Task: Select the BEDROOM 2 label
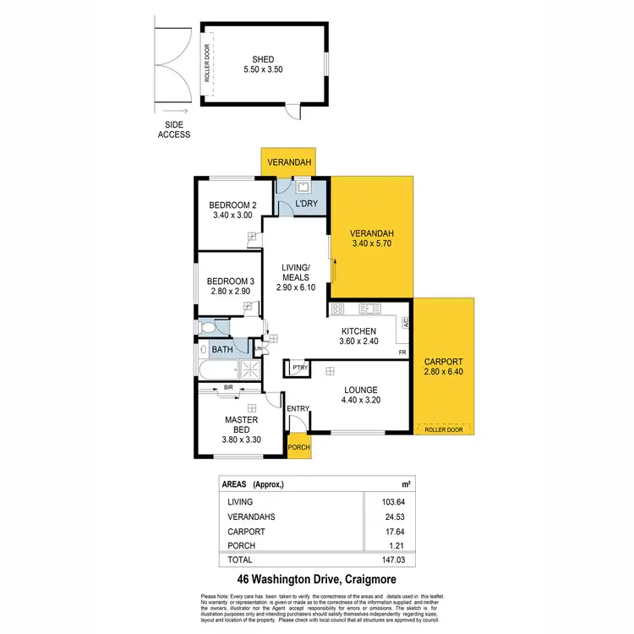coord(232,205)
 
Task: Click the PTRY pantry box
coord(299,369)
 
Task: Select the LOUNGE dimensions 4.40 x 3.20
coord(366,401)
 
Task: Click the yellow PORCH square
coord(299,447)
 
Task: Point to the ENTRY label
coord(298,409)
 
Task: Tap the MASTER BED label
coord(241,424)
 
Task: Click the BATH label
coord(221,348)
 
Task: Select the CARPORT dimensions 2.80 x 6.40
coord(443,372)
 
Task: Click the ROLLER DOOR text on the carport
coord(444,429)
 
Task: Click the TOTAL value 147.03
coord(394,560)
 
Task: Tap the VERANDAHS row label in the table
coord(250,516)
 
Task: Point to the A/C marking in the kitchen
coord(406,323)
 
